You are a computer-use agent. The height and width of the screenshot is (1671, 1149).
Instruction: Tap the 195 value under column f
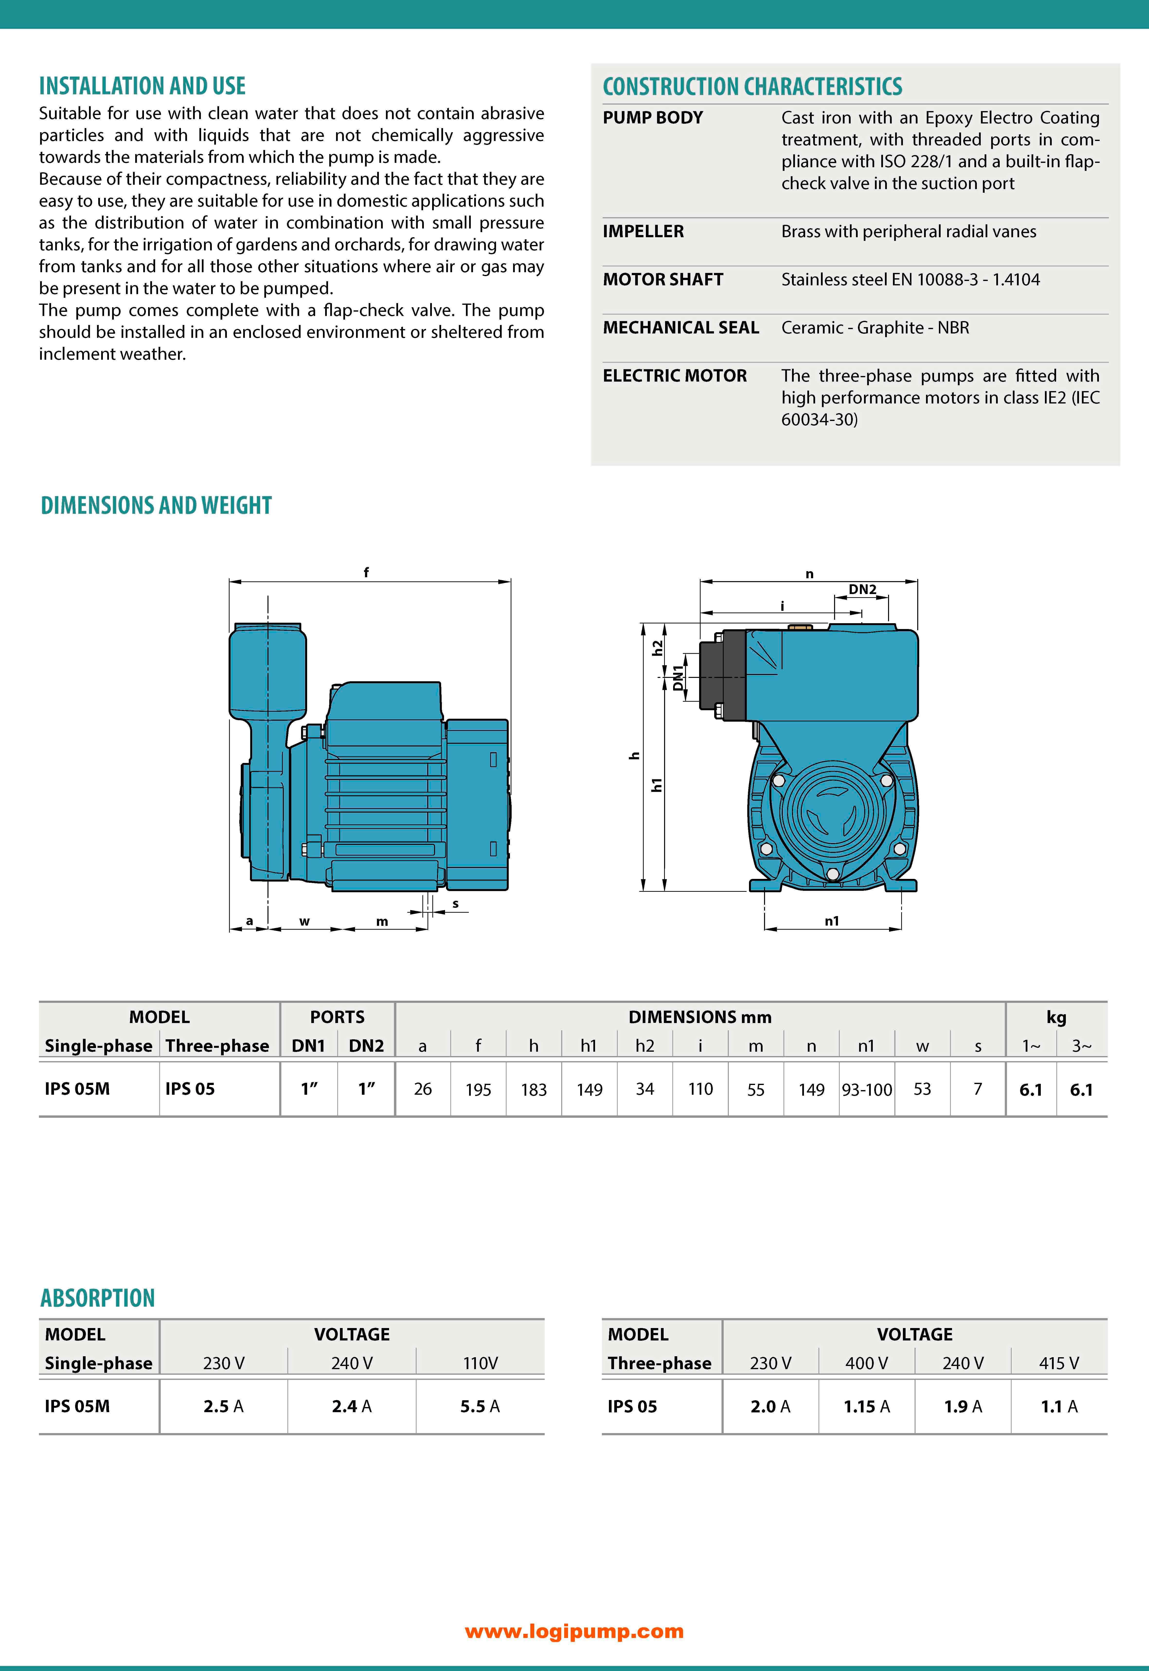click(x=478, y=1090)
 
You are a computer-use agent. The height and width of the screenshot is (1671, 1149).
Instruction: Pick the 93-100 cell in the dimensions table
click(x=867, y=1090)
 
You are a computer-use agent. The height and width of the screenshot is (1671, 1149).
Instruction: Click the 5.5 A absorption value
click(x=480, y=1406)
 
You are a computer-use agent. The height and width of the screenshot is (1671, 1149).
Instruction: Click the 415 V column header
click(x=1058, y=1363)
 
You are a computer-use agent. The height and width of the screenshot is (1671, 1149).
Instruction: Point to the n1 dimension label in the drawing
click(x=831, y=920)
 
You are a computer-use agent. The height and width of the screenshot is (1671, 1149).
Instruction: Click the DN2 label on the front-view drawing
click(x=862, y=589)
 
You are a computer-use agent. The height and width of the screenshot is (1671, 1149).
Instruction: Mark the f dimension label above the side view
click(x=366, y=572)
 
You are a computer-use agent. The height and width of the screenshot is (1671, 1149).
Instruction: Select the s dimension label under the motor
click(x=455, y=904)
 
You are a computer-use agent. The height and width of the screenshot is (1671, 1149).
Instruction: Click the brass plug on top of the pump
click(x=800, y=627)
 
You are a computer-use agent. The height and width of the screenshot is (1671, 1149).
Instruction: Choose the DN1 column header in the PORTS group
click(x=308, y=1046)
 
